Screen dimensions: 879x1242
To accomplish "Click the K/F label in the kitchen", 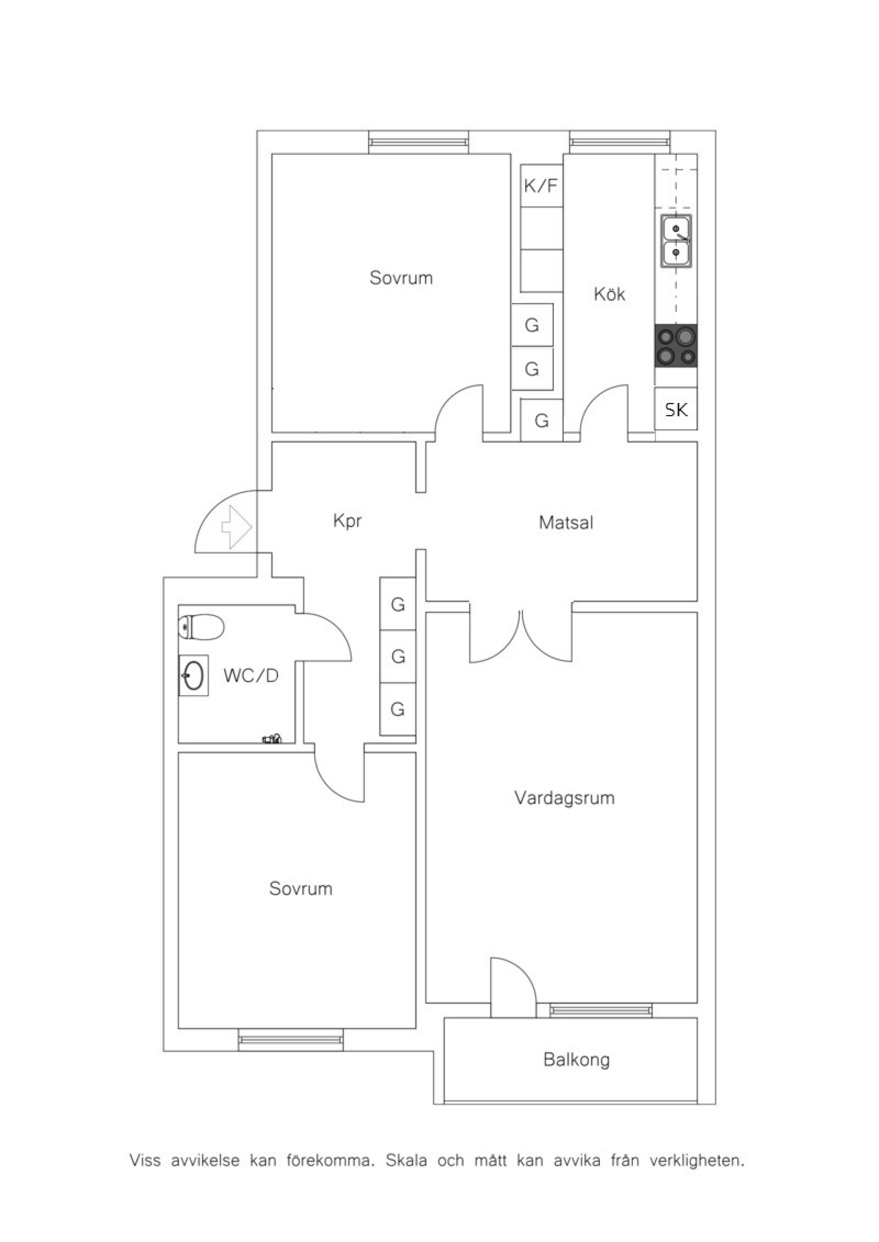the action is click(x=541, y=186).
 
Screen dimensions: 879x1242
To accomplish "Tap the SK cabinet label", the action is click(x=676, y=409).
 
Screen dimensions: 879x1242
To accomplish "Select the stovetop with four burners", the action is click(x=676, y=346).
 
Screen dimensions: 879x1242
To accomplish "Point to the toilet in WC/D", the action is click(x=201, y=627).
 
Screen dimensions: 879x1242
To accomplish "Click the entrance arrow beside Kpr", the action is click(x=236, y=526).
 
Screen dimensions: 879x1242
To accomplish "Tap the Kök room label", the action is click(x=610, y=294).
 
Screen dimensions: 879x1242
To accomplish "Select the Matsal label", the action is click(x=566, y=523).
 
